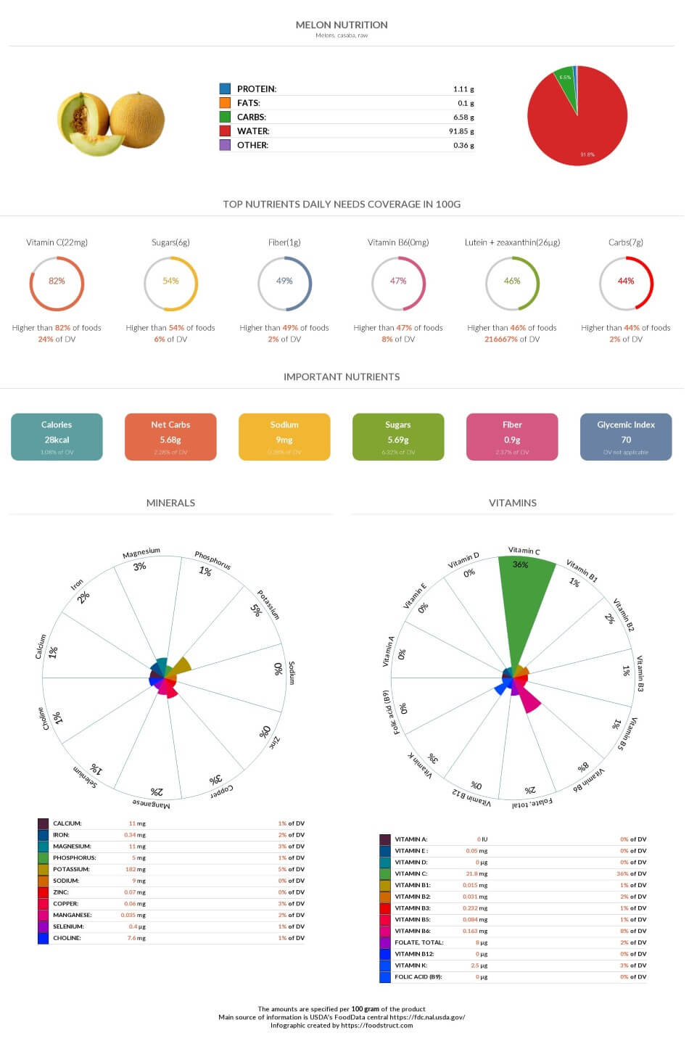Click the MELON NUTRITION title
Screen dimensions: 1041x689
click(x=342, y=25)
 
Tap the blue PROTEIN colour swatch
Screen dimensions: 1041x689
click(x=225, y=89)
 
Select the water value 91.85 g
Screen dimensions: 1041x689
click(x=461, y=131)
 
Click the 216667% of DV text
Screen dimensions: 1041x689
click(x=512, y=339)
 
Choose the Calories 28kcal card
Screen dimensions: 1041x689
click(x=57, y=437)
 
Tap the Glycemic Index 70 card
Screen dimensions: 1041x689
click(x=626, y=437)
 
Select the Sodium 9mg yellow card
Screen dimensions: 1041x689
click(x=284, y=437)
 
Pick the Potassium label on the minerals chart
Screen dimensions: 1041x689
click(x=269, y=604)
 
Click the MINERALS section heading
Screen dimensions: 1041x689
click(x=170, y=503)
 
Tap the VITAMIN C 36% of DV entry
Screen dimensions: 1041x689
click(x=630, y=873)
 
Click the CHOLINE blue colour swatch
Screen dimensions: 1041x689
click(x=44, y=938)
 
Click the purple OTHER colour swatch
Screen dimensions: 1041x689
click(x=225, y=145)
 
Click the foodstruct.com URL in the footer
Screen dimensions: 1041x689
click(x=376, y=1025)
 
